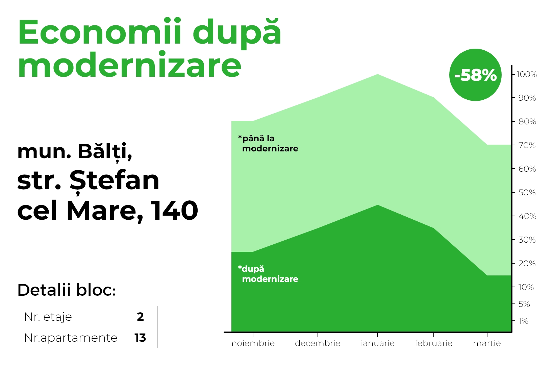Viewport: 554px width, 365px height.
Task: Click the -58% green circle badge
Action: click(x=475, y=75)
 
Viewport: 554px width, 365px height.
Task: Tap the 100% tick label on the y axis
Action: click(x=527, y=74)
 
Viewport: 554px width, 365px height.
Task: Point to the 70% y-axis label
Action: click(x=527, y=145)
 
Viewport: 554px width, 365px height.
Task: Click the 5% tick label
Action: click(x=524, y=304)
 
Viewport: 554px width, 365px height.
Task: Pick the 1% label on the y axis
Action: click(x=523, y=321)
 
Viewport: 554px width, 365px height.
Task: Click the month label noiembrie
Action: click(x=253, y=343)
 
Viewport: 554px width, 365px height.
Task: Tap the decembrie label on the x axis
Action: click(x=318, y=343)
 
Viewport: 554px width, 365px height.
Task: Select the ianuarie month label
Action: click(x=378, y=343)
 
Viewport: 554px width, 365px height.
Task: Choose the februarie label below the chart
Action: click(x=433, y=343)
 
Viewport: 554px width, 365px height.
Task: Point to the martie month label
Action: click(x=487, y=343)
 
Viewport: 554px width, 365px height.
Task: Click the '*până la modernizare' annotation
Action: click(x=268, y=144)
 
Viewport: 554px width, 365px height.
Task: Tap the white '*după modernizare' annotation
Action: click(x=268, y=274)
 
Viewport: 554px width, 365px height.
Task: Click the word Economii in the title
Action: click(x=100, y=32)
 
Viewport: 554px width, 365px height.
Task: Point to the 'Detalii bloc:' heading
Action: click(x=67, y=290)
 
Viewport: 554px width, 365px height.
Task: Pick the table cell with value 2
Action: click(x=140, y=316)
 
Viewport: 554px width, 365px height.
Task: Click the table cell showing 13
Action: click(x=140, y=338)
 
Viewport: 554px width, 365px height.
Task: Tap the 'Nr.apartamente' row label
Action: click(x=71, y=338)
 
